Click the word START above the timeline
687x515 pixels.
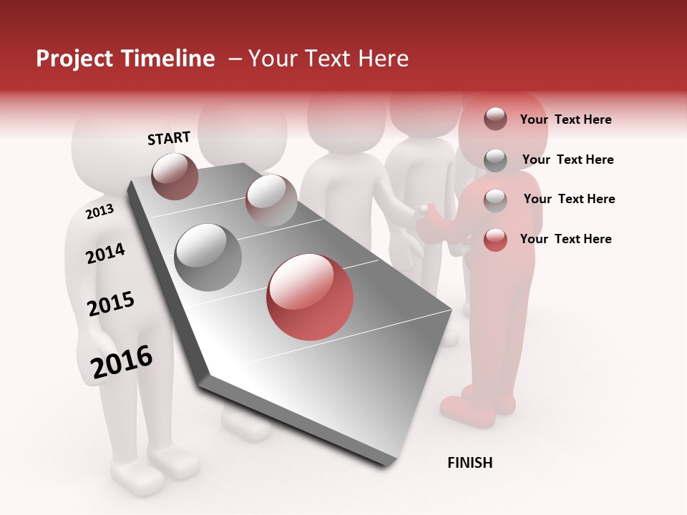pos(169,138)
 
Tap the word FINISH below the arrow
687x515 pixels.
pos(469,463)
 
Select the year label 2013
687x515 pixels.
pos(99,211)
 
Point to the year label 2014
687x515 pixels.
pos(105,253)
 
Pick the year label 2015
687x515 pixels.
pos(111,304)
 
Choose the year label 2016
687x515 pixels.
pos(122,362)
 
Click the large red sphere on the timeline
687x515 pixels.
pos(310,297)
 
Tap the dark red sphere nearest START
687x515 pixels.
pos(175,176)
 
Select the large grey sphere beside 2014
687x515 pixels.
pos(208,257)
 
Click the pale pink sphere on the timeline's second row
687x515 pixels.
pos(271,200)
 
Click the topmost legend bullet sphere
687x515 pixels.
pos(495,119)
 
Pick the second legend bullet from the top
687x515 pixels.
pos(495,160)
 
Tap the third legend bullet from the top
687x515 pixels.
pos(495,200)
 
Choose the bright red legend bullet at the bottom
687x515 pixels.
pos(495,240)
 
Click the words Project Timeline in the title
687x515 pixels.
pos(125,59)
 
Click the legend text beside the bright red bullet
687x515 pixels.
pos(565,239)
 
